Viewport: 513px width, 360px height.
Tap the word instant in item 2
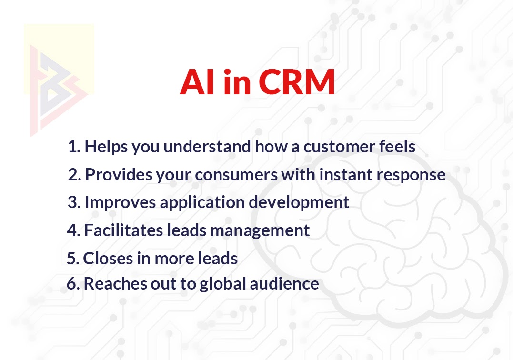[x=346, y=174]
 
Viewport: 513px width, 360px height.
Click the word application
[x=202, y=203]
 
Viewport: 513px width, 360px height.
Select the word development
[x=299, y=203]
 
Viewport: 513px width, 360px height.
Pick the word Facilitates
[x=124, y=230]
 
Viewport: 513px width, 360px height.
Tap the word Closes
[x=108, y=258]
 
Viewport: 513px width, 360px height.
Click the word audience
[x=284, y=283]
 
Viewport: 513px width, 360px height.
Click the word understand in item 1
[x=207, y=146]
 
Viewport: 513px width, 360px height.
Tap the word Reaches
[x=115, y=283]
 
